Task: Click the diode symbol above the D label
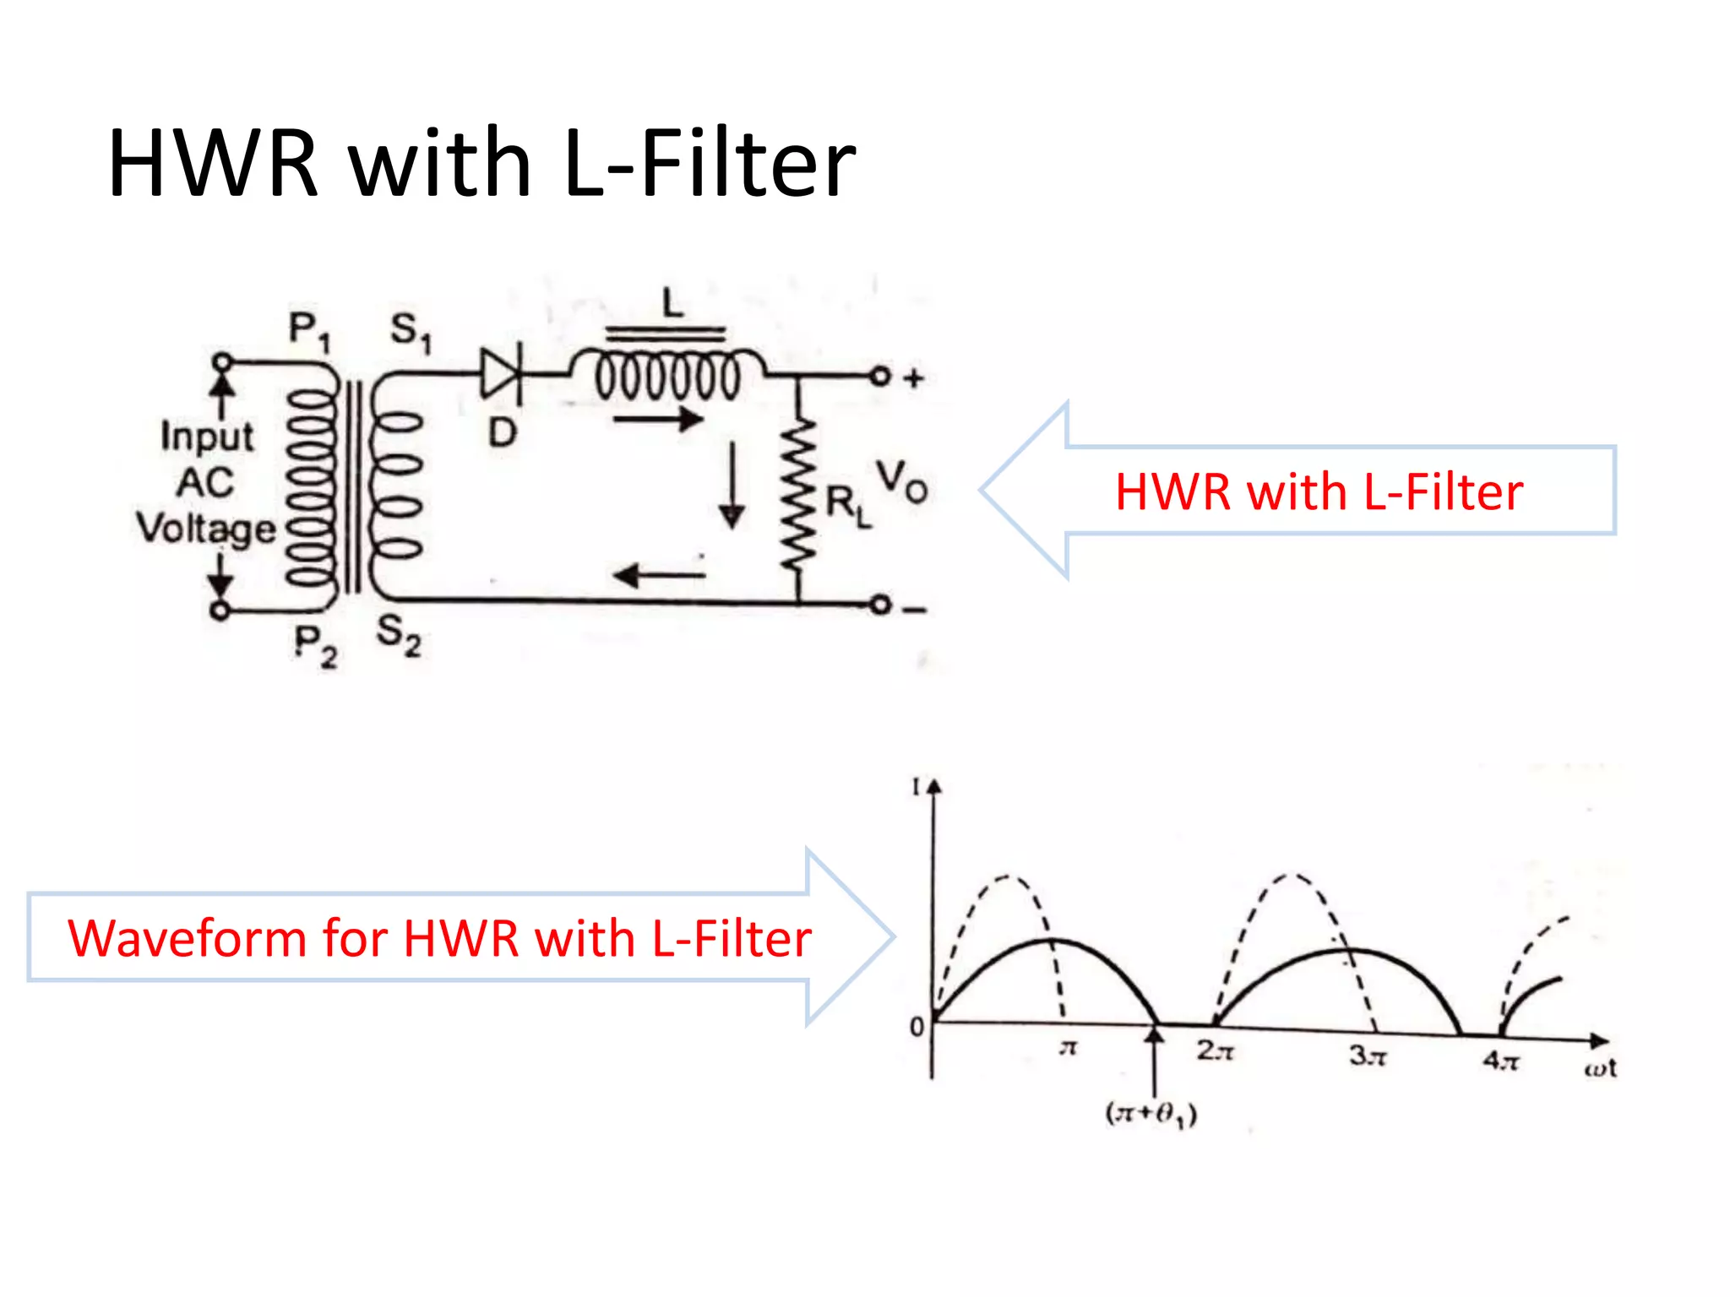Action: click(502, 372)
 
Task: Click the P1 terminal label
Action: click(309, 330)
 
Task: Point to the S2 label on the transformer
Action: click(398, 634)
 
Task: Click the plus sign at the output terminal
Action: click(913, 378)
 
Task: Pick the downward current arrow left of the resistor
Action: click(732, 486)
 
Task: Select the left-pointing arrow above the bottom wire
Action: click(659, 576)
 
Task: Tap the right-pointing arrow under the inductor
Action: click(658, 419)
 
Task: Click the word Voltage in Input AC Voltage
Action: click(206, 529)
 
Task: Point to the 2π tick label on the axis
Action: click(1215, 1051)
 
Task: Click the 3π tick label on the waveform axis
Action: click(1367, 1056)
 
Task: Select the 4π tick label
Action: click(1501, 1061)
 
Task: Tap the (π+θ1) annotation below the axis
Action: click(1151, 1115)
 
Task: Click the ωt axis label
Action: click(1599, 1069)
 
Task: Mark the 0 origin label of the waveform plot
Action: click(917, 1027)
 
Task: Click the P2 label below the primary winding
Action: click(315, 646)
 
